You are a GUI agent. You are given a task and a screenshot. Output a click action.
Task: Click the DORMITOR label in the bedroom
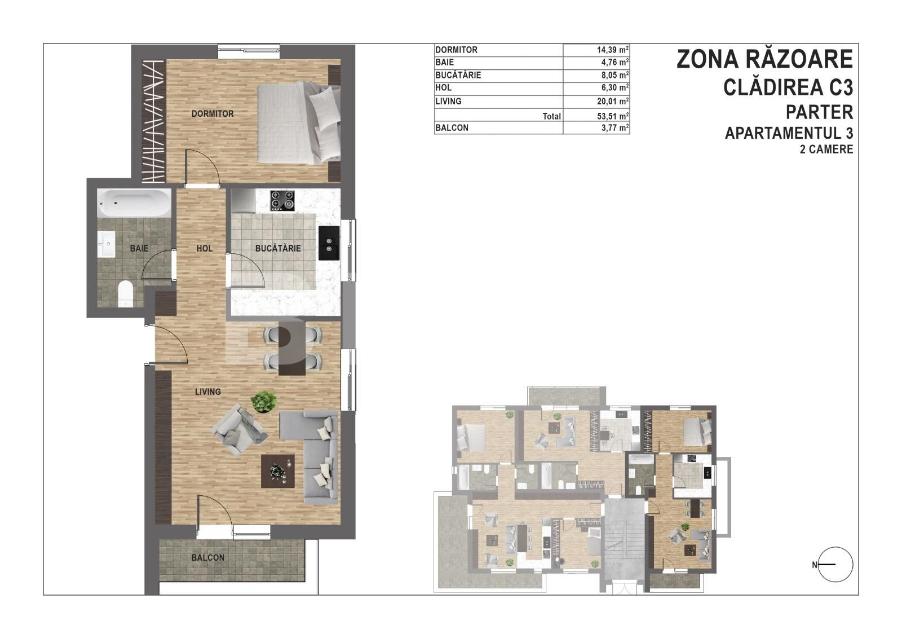(212, 113)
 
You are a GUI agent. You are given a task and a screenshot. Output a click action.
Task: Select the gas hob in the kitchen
(282, 200)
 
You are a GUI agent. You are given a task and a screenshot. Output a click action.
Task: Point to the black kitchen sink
(329, 243)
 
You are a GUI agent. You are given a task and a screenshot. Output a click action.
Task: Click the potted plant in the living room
(264, 402)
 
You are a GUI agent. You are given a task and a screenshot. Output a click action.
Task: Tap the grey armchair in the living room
(239, 430)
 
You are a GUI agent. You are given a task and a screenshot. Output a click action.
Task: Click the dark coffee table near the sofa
(277, 470)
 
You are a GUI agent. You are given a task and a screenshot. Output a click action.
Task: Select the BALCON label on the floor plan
(208, 557)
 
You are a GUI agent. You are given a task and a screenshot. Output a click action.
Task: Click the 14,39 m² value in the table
(612, 50)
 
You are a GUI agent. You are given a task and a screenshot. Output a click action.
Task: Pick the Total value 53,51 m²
(612, 116)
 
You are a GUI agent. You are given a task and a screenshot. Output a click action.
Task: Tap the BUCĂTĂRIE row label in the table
(458, 75)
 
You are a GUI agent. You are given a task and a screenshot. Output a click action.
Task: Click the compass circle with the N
(835, 565)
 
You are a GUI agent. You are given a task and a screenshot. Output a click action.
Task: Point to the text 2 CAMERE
(826, 149)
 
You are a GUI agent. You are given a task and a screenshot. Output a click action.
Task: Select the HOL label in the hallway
(205, 248)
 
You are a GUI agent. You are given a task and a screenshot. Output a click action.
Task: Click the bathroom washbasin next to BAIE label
(107, 243)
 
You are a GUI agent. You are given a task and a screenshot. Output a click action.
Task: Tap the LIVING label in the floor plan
(208, 391)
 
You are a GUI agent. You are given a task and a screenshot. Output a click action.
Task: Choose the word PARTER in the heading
(820, 112)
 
